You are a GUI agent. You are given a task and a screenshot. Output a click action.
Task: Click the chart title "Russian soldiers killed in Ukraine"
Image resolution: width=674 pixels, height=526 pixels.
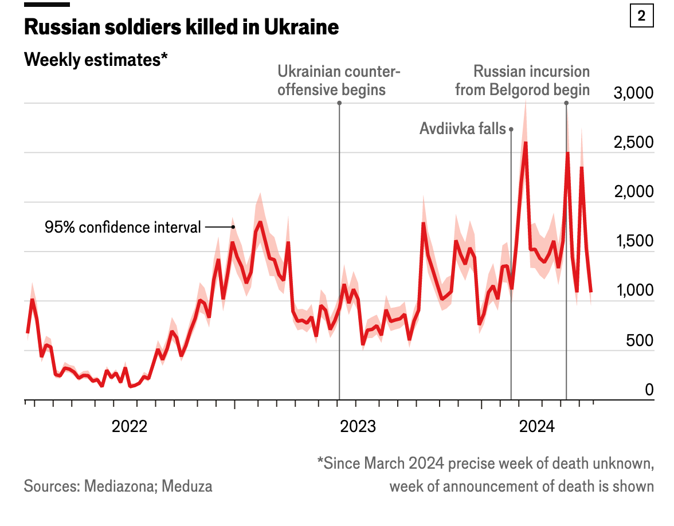click(181, 27)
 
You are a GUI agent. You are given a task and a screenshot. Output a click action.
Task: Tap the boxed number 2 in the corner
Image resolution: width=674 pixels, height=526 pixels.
click(641, 15)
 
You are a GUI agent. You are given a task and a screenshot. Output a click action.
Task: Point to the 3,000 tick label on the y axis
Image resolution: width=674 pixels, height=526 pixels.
click(633, 93)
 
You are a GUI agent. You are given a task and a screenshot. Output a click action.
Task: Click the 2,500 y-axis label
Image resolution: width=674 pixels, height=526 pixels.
click(633, 142)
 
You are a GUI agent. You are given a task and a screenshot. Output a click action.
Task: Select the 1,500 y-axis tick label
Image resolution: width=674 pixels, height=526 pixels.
click(633, 241)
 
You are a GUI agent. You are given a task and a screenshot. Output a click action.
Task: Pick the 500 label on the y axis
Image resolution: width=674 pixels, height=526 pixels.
click(640, 340)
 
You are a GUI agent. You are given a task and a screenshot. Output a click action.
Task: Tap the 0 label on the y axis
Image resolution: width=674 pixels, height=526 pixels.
click(649, 390)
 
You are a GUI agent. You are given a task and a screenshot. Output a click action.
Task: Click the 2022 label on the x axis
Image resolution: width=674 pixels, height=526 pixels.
click(130, 427)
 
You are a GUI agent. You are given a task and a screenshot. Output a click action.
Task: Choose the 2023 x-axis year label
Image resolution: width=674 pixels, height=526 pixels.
click(358, 427)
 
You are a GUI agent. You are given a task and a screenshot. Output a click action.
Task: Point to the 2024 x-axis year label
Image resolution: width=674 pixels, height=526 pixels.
click(536, 427)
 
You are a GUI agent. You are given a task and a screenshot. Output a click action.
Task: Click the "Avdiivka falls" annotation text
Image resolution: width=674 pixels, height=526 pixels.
click(463, 129)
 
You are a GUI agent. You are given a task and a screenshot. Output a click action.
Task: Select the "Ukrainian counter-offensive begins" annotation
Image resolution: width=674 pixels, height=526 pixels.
click(339, 81)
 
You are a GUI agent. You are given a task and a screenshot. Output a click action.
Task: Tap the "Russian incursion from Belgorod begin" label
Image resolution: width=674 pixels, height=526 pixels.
click(522, 81)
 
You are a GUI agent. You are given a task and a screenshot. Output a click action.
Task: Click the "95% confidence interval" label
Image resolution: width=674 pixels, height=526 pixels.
click(123, 227)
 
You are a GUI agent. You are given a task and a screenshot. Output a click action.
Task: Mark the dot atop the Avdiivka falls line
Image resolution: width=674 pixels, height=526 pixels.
click(511, 129)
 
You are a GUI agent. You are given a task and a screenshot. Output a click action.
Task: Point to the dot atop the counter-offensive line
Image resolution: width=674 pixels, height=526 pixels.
click(339, 103)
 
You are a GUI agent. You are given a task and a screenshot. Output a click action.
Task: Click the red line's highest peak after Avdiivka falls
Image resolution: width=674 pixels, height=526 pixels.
click(526, 143)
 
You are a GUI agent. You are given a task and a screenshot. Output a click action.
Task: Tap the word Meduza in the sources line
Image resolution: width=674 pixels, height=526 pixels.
click(187, 486)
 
